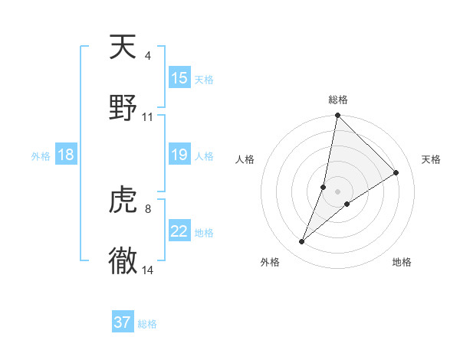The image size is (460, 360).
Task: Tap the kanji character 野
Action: coord(123,108)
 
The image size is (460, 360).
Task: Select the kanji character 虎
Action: coord(123,200)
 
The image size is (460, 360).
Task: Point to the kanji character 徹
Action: coord(123,260)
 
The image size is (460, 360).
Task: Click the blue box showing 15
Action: coord(179,78)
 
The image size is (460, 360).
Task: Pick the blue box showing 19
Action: coord(179,155)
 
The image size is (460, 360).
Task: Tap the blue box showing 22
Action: coord(179,231)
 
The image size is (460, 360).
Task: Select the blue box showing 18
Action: coord(66,155)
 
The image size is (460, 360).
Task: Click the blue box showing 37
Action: coord(123,322)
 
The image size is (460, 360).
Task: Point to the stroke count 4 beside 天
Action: coord(147,56)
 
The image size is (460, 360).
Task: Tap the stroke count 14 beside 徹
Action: coord(147,270)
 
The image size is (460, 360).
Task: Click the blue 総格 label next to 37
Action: coord(148,324)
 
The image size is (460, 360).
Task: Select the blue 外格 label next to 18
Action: coord(41,156)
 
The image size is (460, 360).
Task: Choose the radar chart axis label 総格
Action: coord(338,100)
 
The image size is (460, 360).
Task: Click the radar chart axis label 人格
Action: coord(245,159)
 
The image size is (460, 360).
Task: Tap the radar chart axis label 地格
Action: coord(402,262)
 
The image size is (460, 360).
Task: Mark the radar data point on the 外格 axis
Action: coord(302,242)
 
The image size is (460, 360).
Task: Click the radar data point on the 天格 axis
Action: coord(396,172)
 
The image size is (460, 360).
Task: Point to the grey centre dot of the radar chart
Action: coord(338,191)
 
